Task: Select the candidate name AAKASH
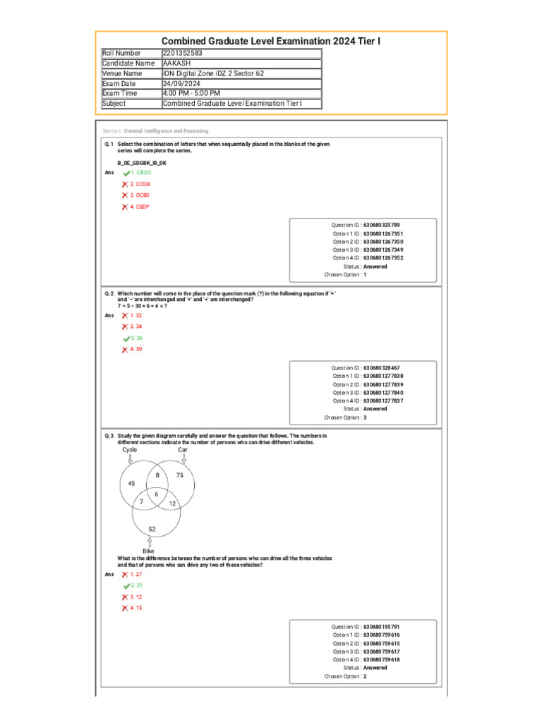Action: pyautogui.click(x=177, y=63)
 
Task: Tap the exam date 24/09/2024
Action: pyautogui.click(x=181, y=83)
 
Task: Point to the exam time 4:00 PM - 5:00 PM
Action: pyautogui.click(x=191, y=93)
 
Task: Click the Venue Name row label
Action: pyautogui.click(x=122, y=73)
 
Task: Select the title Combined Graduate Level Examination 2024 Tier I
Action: pyautogui.click(x=271, y=42)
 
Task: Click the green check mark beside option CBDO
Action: pyautogui.click(x=126, y=173)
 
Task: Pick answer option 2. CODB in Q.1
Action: pyautogui.click(x=139, y=183)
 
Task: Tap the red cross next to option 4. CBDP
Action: pyautogui.click(x=125, y=207)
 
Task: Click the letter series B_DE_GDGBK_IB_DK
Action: pyautogui.click(x=142, y=162)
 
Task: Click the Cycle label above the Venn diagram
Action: pyautogui.click(x=130, y=449)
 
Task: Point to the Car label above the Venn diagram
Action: pyautogui.click(x=183, y=449)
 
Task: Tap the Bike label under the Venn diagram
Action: pyautogui.click(x=148, y=551)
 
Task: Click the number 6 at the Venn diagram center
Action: pyautogui.click(x=156, y=494)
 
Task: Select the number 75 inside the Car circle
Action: pyautogui.click(x=180, y=476)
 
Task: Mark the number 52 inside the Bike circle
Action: pyautogui.click(x=152, y=528)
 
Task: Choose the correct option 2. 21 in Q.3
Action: pyautogui.click(x=136, y=585)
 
